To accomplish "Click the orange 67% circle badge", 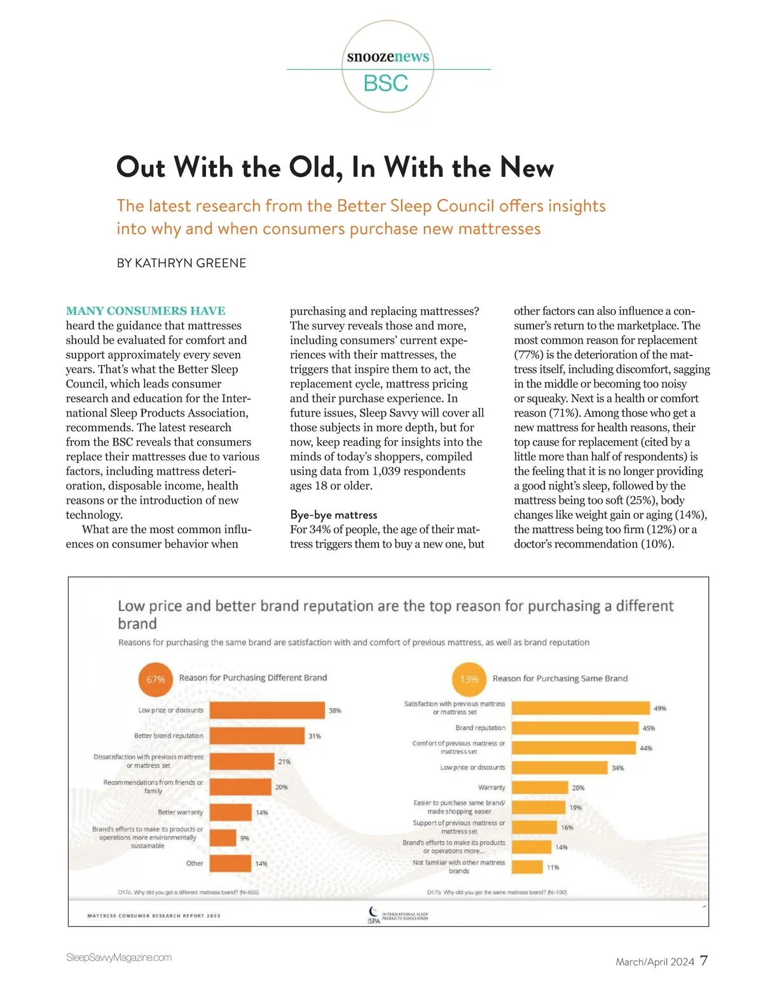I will (156, 679).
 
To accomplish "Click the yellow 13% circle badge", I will (469, 679).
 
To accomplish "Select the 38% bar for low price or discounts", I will (267, 710).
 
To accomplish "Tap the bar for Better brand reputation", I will (257, 736).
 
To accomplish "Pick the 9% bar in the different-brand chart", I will (223, 838).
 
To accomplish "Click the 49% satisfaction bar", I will (581, 708).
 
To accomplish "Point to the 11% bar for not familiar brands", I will (527, 867).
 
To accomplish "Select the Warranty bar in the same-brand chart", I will (540, 787).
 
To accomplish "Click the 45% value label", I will (649, 728).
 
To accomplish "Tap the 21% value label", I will (284, 761).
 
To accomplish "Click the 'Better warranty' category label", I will (181, 812).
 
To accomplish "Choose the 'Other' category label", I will (195, 863).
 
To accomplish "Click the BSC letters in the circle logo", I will (386, 83).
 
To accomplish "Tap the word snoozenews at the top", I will (388, 57).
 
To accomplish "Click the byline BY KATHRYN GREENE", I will (181, 263).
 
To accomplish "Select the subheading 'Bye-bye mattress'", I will (333, 515).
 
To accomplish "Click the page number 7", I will (703, 960).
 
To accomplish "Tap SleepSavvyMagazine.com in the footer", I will (119, 957).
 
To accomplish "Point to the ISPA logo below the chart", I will (374, 916).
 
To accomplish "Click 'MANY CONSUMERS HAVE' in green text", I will (146, 311).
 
